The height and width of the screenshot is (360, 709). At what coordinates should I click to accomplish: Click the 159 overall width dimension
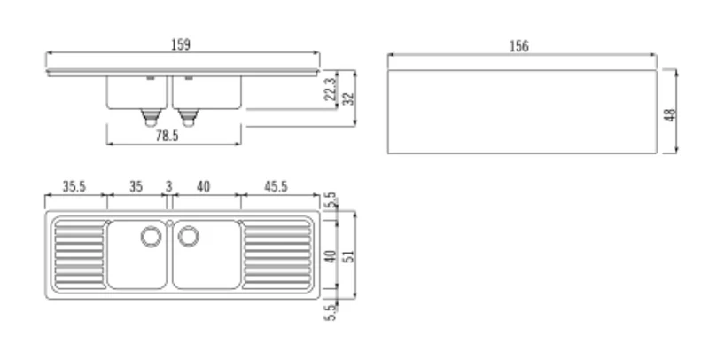(181, 44)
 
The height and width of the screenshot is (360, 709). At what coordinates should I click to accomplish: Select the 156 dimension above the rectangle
(518, 46)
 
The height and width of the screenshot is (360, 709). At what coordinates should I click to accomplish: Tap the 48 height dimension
(670, 115)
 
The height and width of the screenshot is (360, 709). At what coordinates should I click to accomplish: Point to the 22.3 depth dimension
(331, 89)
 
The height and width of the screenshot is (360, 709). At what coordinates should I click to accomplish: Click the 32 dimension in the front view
(348, 98)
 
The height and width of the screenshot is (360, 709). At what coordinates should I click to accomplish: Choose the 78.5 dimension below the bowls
(167, 136)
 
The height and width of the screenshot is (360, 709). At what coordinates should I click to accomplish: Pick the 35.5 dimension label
(74, 186)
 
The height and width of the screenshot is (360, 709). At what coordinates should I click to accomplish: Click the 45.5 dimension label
(276, 186)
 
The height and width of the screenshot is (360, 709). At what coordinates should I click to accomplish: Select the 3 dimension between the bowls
(168, 186)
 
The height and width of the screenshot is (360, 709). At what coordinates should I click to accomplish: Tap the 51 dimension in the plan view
(348, 255)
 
